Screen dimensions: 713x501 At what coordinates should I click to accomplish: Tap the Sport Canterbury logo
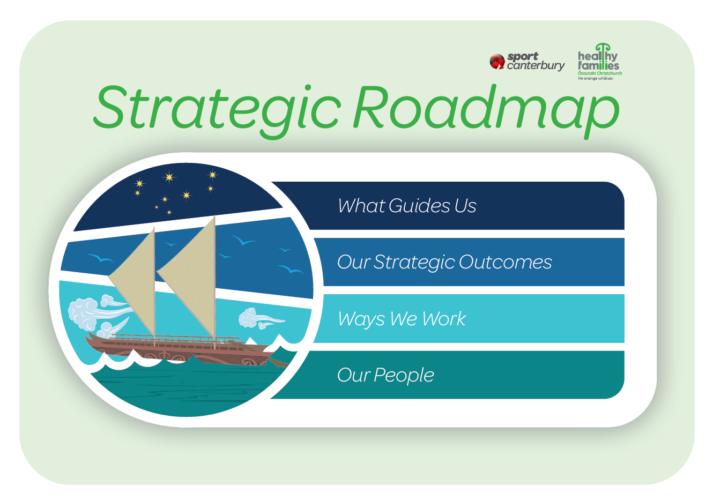(527, 62)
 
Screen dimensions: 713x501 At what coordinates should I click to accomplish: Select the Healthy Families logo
(600, 62)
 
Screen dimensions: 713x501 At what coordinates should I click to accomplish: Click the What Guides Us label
(407, 205)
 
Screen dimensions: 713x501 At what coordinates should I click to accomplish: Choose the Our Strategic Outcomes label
(444, 263)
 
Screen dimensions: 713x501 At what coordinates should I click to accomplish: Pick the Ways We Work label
(402, 319)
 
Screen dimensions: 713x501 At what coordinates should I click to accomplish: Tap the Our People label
(385, 376)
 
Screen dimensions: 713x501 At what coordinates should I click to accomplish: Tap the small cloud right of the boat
(259, 318)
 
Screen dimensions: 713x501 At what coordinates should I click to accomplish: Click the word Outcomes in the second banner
(505, 263)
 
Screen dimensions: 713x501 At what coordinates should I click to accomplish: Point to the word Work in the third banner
(444, 319)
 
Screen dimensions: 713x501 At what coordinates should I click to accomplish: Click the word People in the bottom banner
(404, 376)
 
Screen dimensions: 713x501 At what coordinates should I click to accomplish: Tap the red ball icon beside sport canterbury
(497, 62)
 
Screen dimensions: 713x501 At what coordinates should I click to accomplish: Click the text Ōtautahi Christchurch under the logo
(600, 73)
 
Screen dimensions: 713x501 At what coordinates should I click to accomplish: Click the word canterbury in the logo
(536, 66)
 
